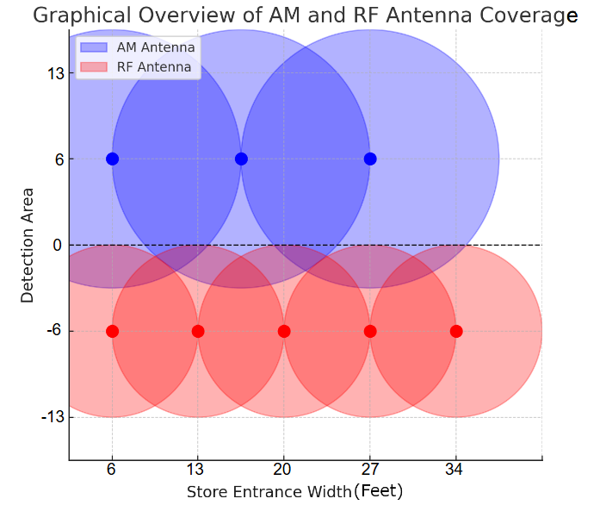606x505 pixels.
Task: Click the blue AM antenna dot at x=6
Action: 112,159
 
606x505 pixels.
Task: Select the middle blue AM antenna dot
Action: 241,159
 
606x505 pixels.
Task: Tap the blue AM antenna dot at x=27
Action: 370,159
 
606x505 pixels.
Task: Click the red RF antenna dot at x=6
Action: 112,331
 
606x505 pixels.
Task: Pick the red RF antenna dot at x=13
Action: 198,331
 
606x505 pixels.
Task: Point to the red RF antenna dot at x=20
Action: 284,331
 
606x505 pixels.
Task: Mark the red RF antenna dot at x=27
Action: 370,331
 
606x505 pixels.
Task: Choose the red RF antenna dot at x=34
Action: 456,331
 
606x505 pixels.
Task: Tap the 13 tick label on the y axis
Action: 56,73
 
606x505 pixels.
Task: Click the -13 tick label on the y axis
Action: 53,418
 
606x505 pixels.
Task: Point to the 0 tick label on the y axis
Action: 57,246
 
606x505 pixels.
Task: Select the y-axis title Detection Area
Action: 28,245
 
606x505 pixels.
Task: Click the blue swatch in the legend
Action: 95,47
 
